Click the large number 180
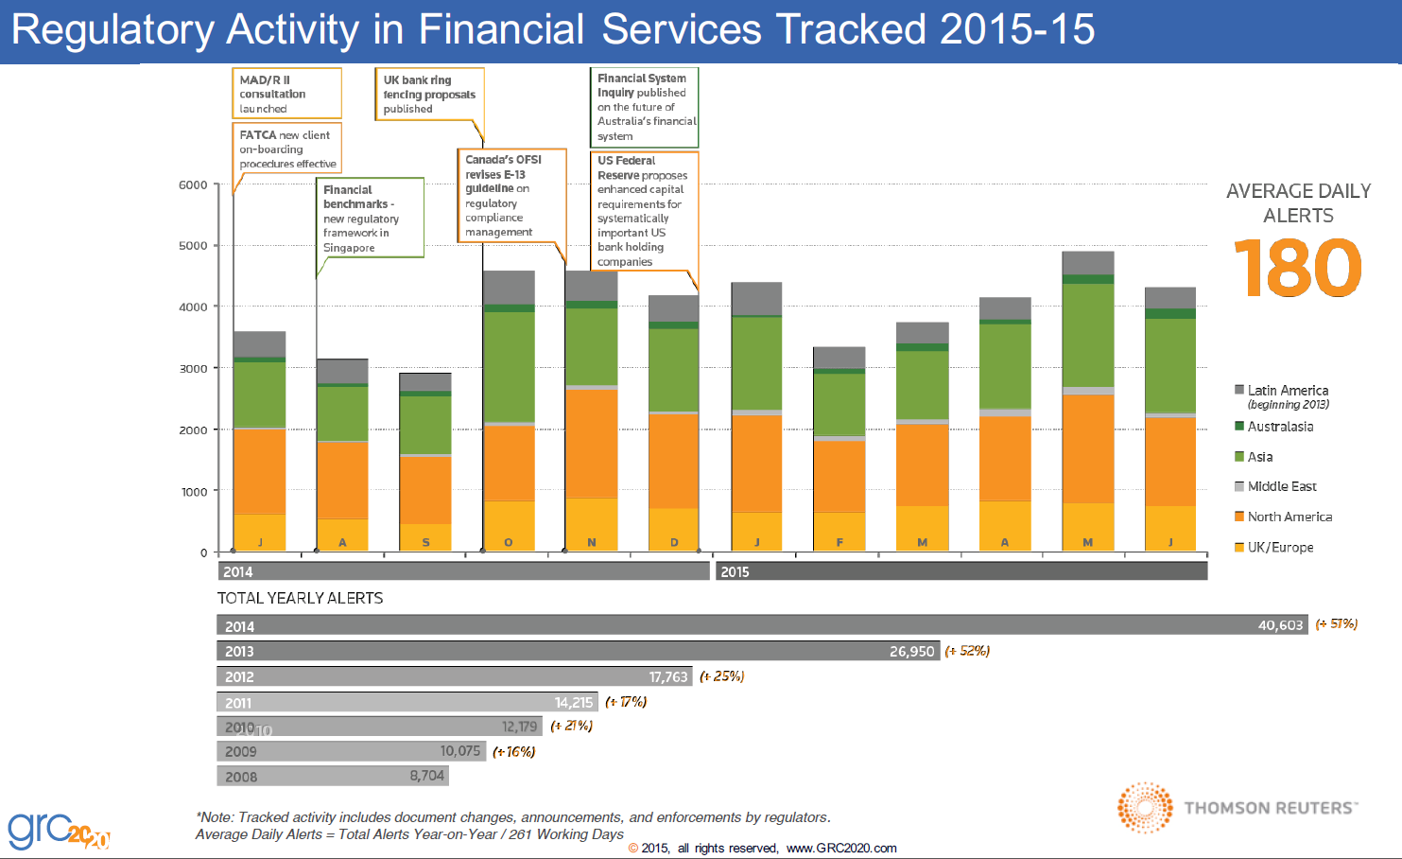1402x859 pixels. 1297,269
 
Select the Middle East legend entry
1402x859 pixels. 1281,486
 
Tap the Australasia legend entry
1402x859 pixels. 1279,427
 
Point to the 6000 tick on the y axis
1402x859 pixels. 193,185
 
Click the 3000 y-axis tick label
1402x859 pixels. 193,369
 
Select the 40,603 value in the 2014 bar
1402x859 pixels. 1280,625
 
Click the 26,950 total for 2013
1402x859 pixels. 911,651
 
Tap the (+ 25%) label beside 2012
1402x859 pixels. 722,676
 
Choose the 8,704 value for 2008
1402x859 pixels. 426,776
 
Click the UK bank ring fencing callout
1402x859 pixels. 429,95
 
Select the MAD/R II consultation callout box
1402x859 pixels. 286,94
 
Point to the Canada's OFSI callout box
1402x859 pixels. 511,196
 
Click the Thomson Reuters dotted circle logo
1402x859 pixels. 1145,808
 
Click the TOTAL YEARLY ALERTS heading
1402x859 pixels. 300,598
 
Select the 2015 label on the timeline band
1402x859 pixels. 735,571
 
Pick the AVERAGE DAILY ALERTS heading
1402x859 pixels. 1298,203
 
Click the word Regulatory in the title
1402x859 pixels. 113,29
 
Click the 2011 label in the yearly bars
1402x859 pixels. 238,703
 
